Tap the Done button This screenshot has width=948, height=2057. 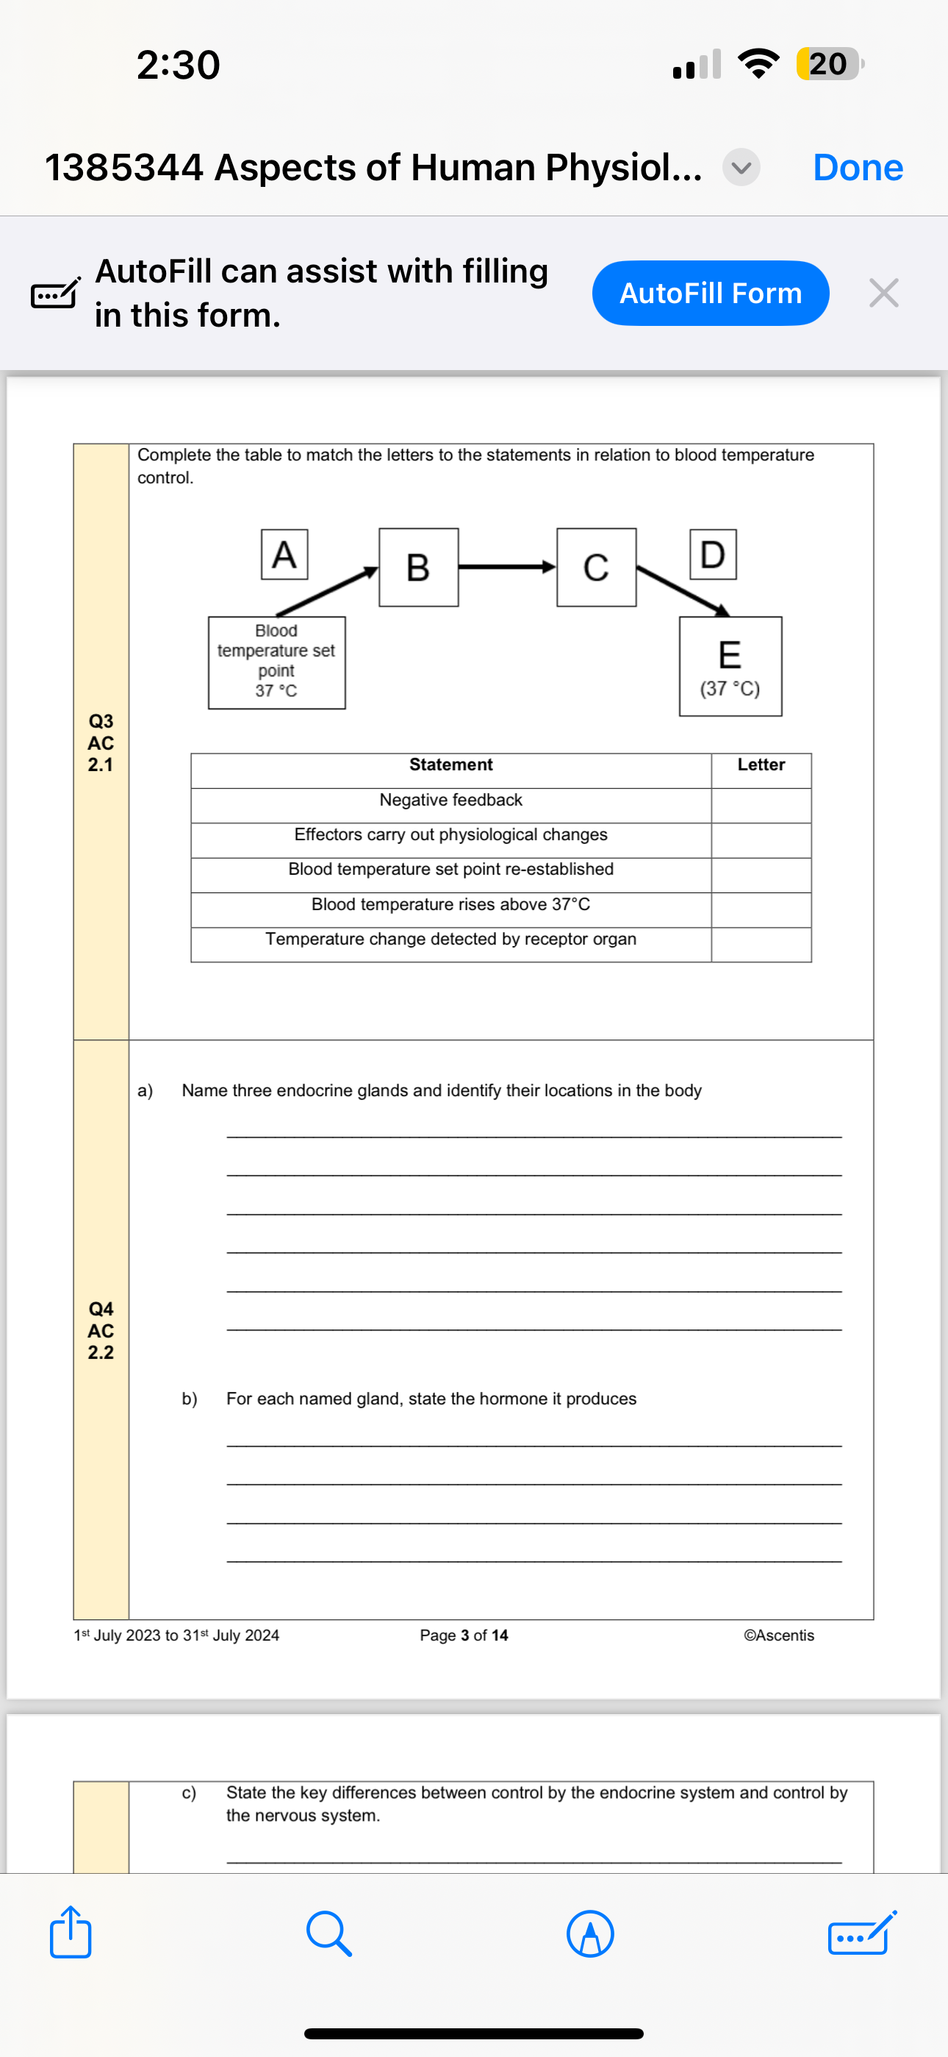coord(857,168)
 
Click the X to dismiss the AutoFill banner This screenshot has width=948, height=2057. coord(883,293)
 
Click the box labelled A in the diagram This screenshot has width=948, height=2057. coord(284,554)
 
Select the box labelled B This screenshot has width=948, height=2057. coord(418,568)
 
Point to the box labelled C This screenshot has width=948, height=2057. coord(596,568)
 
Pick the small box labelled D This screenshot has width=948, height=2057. coord(713,554)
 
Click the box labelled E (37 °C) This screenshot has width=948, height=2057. coord(730,666)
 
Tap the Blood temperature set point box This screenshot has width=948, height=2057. coord(276,662)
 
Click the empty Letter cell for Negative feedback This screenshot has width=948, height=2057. coord(761,806)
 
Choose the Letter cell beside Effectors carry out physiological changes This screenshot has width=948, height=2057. coord(761,840)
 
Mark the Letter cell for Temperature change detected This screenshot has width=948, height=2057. coord(761,945)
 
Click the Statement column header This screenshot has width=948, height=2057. coord(451,765)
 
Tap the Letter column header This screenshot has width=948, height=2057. coord(761,765)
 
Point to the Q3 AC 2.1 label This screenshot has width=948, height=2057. coord(101,742)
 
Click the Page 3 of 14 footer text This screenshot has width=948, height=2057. coord(464,1635)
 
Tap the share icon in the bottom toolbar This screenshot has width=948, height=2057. coord(71,1933)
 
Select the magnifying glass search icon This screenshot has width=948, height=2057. coord(328,1934)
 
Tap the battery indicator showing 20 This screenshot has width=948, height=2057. coord(828,64)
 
